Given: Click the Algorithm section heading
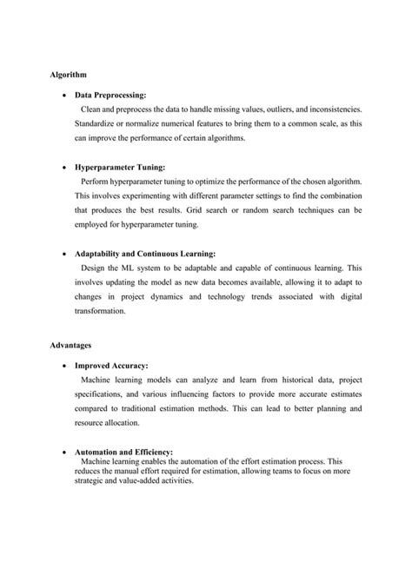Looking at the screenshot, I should tap(67, 76).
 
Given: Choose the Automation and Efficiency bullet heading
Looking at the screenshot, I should tap(123, 452).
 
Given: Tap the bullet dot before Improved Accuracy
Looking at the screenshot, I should tap(66, 367).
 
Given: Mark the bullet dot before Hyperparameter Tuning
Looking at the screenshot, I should tap(66, 167).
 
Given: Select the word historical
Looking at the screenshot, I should tap(266, 380).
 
